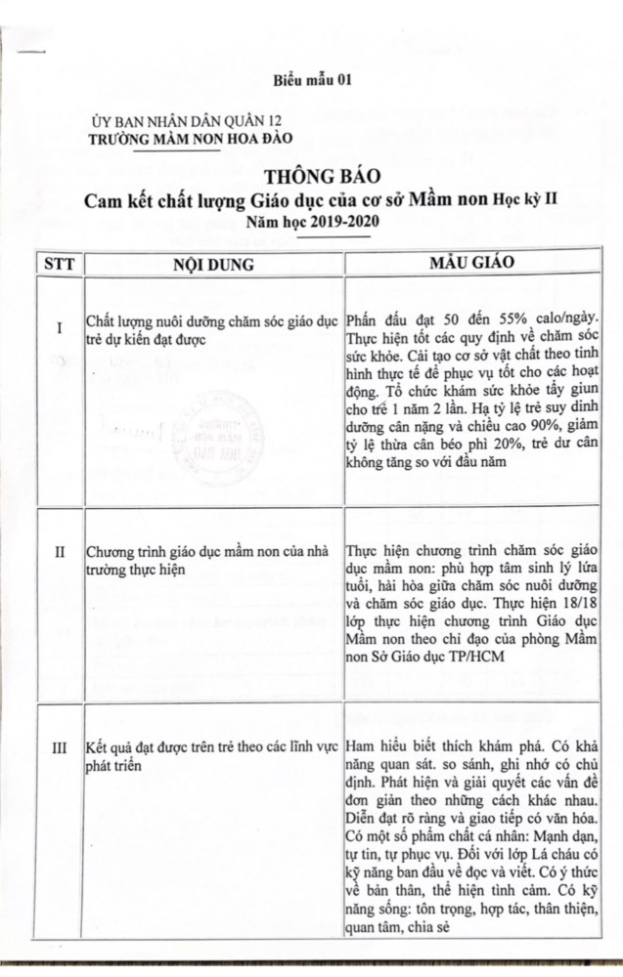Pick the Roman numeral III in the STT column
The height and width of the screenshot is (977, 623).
coord(60,748)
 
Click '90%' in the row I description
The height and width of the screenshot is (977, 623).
coord(559,430)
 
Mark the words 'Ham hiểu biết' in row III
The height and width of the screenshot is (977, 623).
coord(389,747)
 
